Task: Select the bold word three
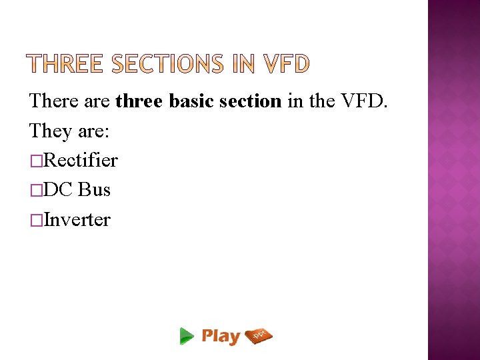coord(139,101)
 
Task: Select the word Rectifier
coord(81,161)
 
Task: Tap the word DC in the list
coord(58,190)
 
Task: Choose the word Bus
coord(94,190)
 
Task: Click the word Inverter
coord(77,219)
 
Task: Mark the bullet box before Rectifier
coord(35,161)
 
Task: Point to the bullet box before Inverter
coord(35,220)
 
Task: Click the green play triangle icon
coord(187,336)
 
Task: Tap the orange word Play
coord(221,336)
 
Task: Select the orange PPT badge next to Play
coord(259,335)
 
